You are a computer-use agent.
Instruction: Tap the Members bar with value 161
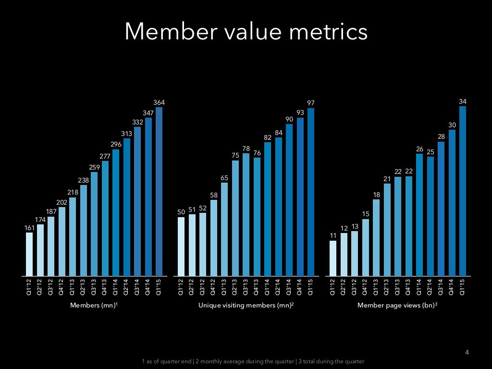pos(29,254)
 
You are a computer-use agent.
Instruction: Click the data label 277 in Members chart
pos(105,156)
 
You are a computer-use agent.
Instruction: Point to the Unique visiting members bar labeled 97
pos(311,192)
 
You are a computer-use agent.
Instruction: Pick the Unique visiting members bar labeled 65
pos(224,229)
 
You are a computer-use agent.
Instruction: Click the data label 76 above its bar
pos(257,153)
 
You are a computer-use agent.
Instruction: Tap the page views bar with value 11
pos(332,258)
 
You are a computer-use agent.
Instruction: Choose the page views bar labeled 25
pos(430,216)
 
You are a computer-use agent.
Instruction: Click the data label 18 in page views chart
pos(376,195)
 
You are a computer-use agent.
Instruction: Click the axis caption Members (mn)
pos(94,305)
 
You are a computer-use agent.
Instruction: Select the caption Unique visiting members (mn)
pos(246,305)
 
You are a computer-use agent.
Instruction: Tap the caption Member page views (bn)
pos(397,305)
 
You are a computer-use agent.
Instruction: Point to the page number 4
pos(466,353)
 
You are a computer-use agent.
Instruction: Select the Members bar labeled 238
pos(84,230)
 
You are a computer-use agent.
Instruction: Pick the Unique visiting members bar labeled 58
pos(213,238)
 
